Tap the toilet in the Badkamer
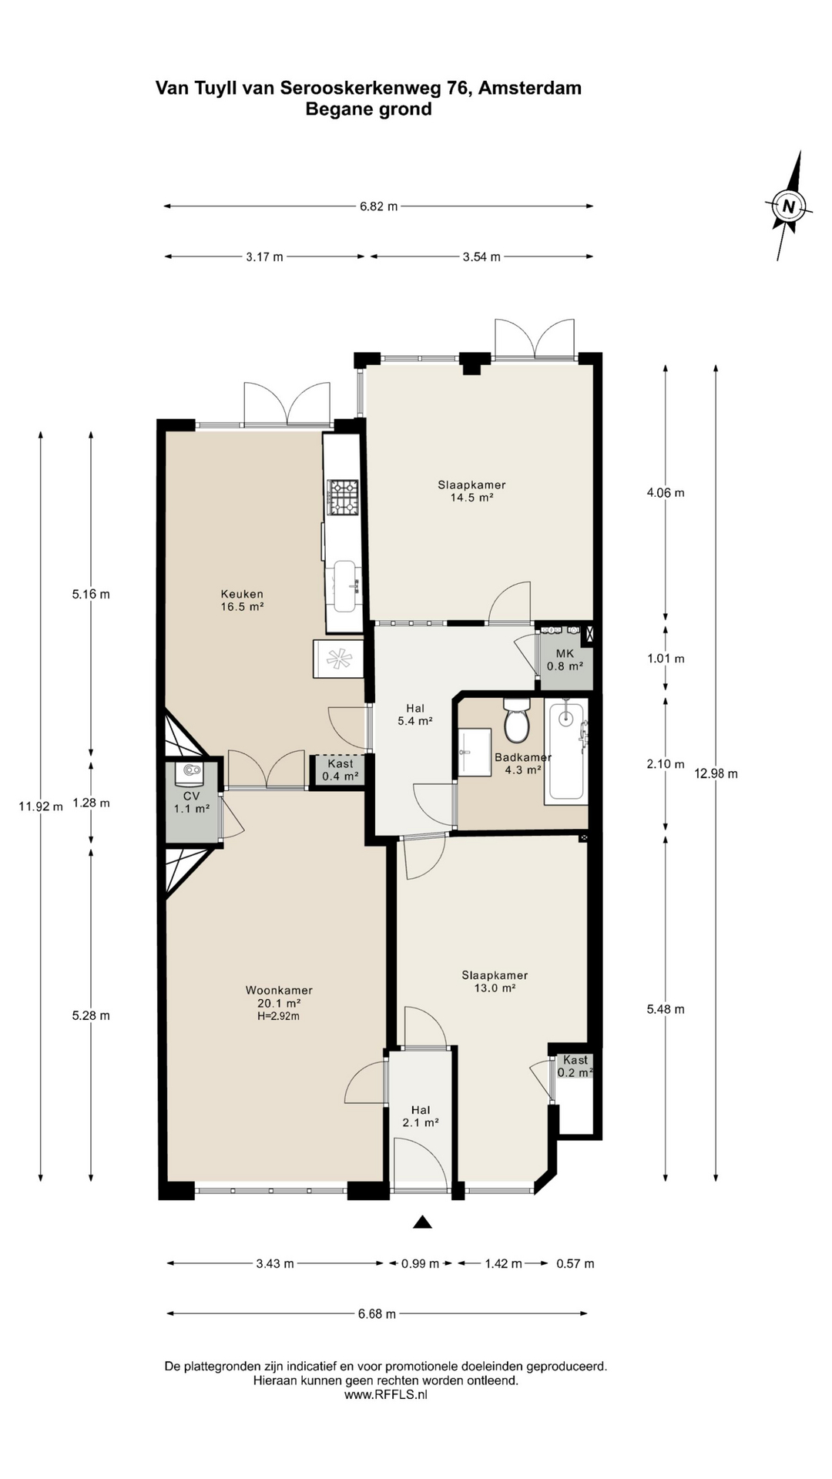tap(515, 719)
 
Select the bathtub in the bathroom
tap(566, 751)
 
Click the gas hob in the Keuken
tap(344, 498)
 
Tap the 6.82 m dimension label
tap(378, 206)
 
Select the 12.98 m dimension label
tap(716, 773)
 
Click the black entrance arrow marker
tap(422, 1222)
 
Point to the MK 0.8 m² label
tap(565, 659)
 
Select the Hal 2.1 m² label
tap(421, 1116)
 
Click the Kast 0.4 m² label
tap(341, 770)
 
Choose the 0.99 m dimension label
tap(421, 1263)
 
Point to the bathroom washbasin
tap(475, 751)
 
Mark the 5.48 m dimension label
tap(666, 1009)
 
